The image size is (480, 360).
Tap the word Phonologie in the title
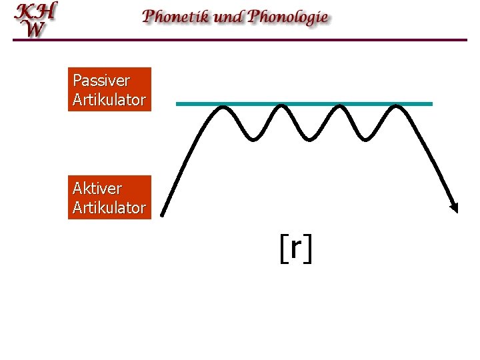(x=288, y=17)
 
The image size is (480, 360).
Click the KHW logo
(x=36, y=20)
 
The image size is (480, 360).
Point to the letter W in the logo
(x=35, y=29)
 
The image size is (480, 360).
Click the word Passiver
(x=101, y=81)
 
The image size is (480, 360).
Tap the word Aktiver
(x=97, y=189)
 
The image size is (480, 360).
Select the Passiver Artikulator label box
(x=109, y=89)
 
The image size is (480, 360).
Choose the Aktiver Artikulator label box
(x=109, y=197)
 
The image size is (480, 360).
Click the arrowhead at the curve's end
(x=455, y=208)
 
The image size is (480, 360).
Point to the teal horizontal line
(x=304, y=104)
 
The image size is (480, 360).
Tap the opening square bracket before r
(x=283, y=249)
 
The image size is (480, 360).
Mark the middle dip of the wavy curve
(x=309, y=139)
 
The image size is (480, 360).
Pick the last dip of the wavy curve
(x=364, y=139)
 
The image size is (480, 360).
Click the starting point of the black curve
(x=163, y=215)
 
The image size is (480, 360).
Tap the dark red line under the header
(x=240, y=40)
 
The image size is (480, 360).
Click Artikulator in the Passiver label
(x=109, y=100)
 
